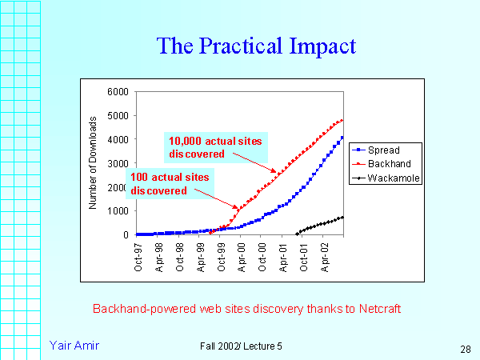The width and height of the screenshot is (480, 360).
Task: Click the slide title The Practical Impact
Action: coord(256,46)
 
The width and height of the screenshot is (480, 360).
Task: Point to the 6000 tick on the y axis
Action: coord(117,91)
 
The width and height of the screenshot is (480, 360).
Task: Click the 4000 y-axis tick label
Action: coord(117,139)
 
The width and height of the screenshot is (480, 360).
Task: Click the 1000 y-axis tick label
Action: coord(117,211)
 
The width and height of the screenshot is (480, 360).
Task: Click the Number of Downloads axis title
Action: coord(93,162)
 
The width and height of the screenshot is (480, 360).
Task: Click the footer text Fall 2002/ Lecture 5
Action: coord(242,345)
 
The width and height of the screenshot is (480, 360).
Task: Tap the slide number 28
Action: coord(465,349)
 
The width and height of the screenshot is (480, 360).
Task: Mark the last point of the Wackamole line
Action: coord(342,217)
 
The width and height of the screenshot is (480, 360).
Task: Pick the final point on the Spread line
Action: coord(342,137)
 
